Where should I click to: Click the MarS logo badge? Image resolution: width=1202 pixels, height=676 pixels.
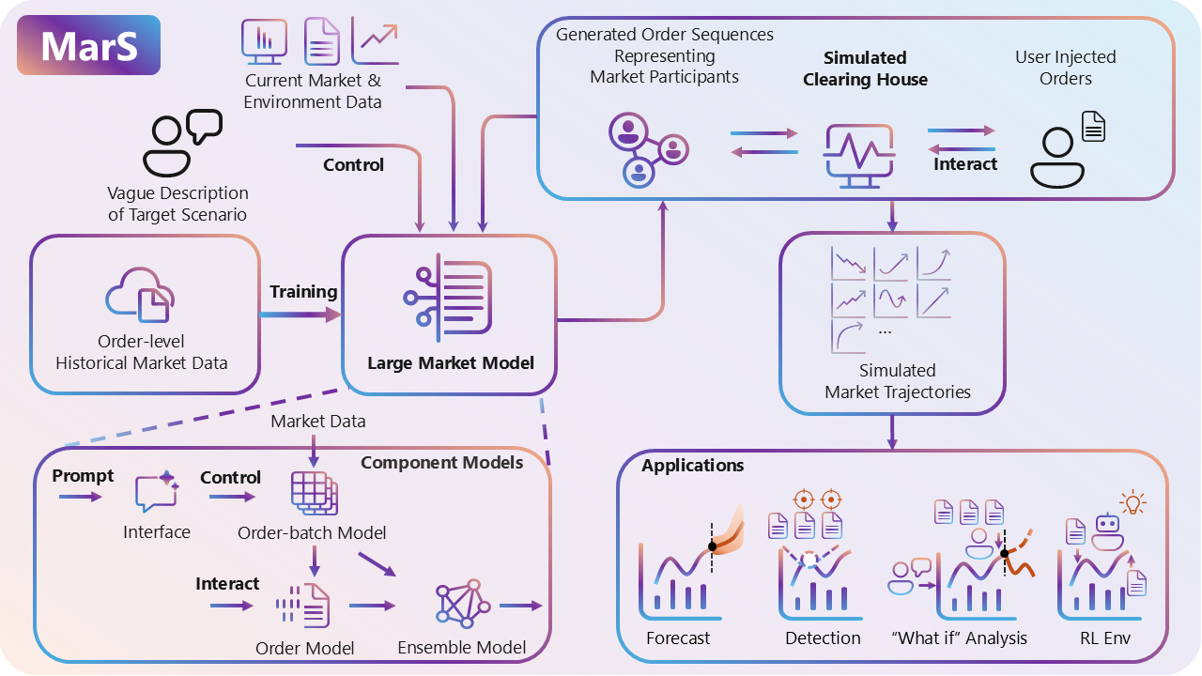(88, 45)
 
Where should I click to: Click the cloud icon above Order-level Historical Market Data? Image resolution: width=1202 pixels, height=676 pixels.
(140, 295)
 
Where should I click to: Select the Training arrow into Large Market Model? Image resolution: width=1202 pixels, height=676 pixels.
(300, 315)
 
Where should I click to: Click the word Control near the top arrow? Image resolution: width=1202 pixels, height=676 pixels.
(353, 165)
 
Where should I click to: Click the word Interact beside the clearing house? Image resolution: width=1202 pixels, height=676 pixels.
(964, 164)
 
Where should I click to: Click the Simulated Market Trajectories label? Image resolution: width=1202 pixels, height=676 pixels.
(897, 381)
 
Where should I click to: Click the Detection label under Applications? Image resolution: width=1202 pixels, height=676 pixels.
(823, 638)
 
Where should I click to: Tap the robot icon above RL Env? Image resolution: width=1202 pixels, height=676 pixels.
(1109, 530)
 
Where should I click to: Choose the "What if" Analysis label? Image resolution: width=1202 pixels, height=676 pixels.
(959, 638)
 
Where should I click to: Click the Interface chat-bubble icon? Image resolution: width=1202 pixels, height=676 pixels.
(156, 492)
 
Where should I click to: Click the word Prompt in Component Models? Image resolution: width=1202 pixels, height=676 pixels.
(83, 476)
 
